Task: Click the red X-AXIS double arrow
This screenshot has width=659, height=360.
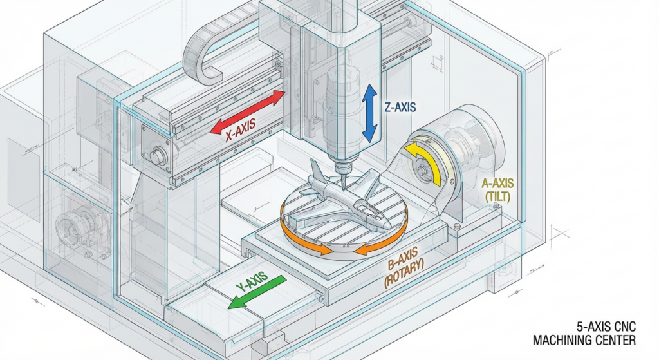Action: (248, 113)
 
